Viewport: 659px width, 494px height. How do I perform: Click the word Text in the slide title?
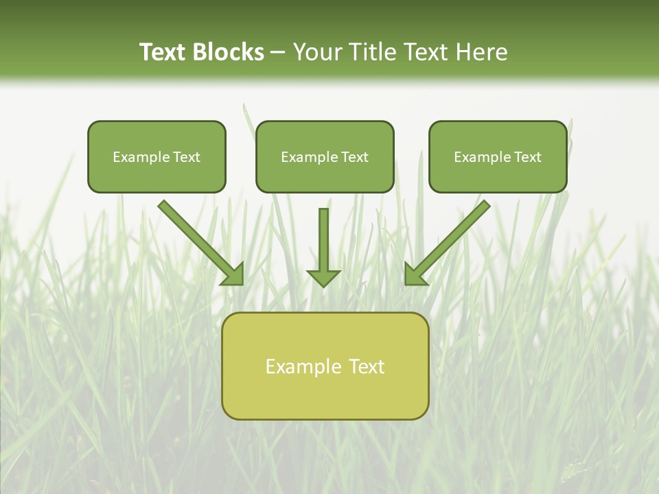[163, 52]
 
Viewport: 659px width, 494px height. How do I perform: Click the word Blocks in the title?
[228, 52]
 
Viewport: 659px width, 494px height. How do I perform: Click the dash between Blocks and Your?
[278, 53]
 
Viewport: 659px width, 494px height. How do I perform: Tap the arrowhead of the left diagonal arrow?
[233, 274]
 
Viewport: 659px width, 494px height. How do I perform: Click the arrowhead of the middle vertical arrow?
[323, 277]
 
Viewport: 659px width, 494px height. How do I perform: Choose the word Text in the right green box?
[528, 157]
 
